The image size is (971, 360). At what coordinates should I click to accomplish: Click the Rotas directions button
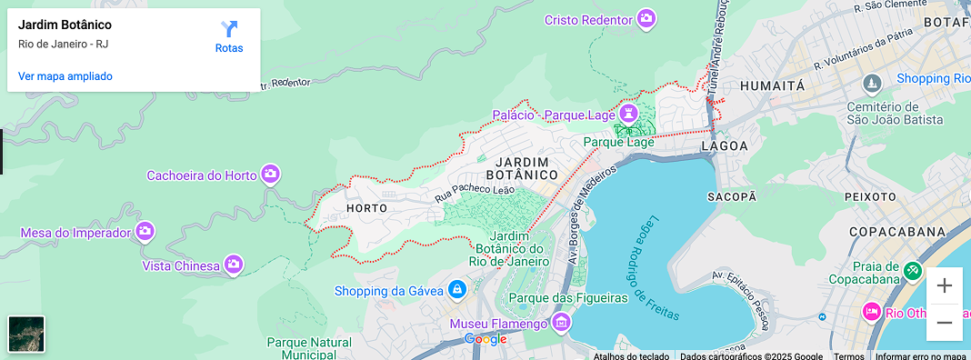229,35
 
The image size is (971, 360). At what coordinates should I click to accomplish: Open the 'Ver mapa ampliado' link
65,76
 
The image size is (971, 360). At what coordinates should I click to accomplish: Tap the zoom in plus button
945,285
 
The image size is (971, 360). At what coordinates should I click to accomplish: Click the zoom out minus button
945,323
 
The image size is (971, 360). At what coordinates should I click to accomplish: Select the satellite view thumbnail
25,333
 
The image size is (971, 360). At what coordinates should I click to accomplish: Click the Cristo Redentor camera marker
646,19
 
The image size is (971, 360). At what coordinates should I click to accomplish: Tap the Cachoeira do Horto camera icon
270,174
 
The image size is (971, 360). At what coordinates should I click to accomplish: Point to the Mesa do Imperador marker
144,232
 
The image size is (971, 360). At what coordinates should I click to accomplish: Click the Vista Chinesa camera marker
234,265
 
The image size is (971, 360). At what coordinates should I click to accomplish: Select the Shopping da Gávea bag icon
457,290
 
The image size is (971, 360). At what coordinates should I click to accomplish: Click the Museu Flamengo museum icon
561,323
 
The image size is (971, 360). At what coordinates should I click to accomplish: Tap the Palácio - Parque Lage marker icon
627,115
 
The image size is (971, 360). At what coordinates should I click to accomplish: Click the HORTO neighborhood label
367,208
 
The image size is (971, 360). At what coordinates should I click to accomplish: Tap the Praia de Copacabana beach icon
913,271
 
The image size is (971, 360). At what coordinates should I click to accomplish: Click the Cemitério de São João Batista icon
873,85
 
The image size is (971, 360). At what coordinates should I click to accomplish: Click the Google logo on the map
485,339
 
